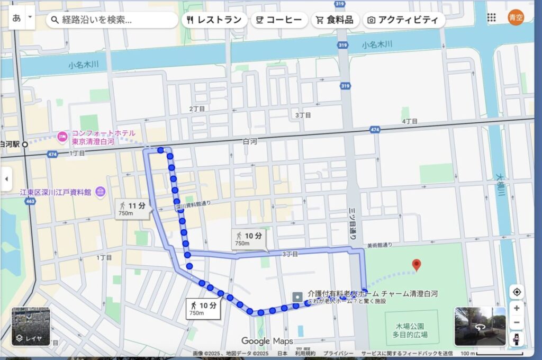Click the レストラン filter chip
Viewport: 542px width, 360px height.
[214, 20]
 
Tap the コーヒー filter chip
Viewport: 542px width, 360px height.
[278, 20]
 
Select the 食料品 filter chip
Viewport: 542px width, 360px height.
[335, 20]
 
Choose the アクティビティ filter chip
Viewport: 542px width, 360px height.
[403, 20]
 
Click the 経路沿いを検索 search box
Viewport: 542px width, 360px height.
[112, 20]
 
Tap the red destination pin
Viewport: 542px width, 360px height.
[417, 265]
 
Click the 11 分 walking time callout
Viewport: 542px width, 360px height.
[133, 208]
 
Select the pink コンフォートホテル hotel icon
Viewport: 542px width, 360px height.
[62, 136]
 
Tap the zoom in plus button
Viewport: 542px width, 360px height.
[516, 309]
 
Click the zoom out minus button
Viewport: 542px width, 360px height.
[516, 322]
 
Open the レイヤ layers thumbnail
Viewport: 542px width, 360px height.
[31, 327]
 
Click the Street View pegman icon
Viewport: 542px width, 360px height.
[516, 339]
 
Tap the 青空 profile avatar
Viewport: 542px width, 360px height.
[516, 17]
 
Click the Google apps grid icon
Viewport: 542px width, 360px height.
[492, 17]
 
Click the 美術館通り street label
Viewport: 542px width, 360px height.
[380, 246]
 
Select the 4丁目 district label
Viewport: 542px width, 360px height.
[410, 121]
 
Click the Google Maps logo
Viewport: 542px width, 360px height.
[267, 341]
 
